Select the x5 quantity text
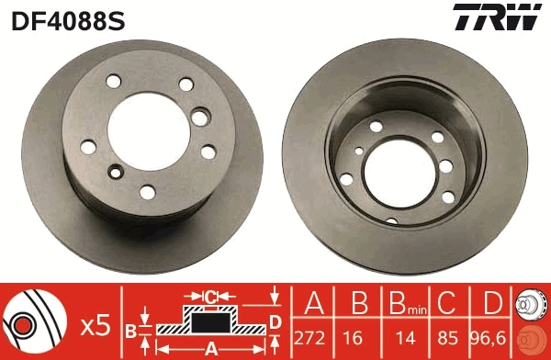pos(96,324)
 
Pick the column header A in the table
pos(314,302)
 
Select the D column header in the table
pos(494,302)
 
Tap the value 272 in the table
pos(314,337)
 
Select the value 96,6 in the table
pos(494,337)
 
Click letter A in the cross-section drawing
pos(210,348)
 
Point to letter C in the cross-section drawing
pos(210,296)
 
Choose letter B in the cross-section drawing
pos(130,329)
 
